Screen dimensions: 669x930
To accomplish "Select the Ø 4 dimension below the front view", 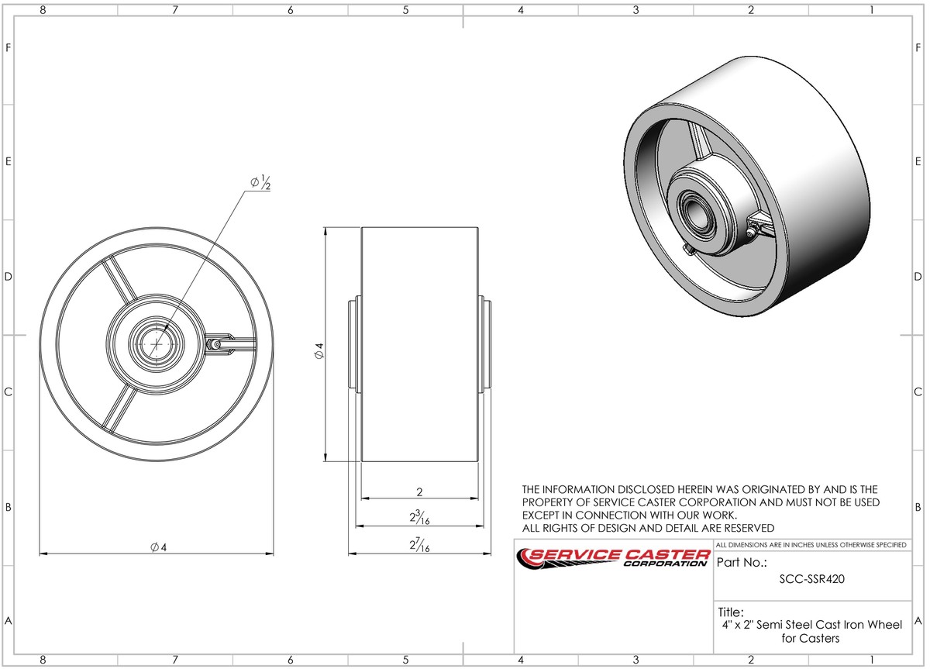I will click(160, 547).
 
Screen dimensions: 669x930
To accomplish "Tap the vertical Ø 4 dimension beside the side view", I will click(319, 350).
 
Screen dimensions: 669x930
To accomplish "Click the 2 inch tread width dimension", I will click(419, 491).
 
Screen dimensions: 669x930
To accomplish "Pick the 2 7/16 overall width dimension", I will click(419, 545).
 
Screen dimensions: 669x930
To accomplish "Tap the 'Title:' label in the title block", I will click(731, 612).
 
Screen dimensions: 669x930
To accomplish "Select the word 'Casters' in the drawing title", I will click(821, 638).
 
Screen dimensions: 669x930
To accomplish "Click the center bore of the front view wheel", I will click(157, 342).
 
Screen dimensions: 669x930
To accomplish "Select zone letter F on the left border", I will click(7, 47).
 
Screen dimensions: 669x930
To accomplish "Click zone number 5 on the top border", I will click(405, 10).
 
